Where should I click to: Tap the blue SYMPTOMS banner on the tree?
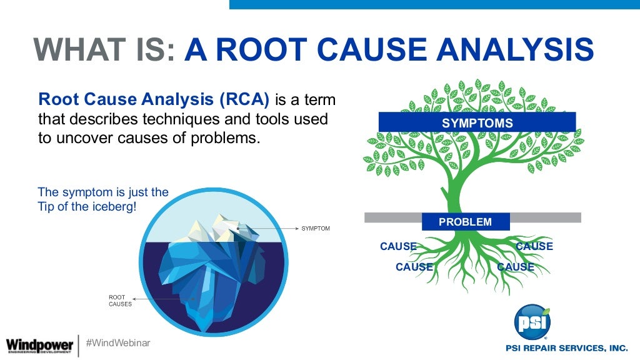coord(477,122)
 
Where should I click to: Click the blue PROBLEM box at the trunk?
coord(466,222)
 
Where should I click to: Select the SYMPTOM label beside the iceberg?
coord(316,229)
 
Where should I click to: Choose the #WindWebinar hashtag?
coord(117,343)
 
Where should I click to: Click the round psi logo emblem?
coord(532,322)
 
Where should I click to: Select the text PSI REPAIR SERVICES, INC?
coord(566,347)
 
